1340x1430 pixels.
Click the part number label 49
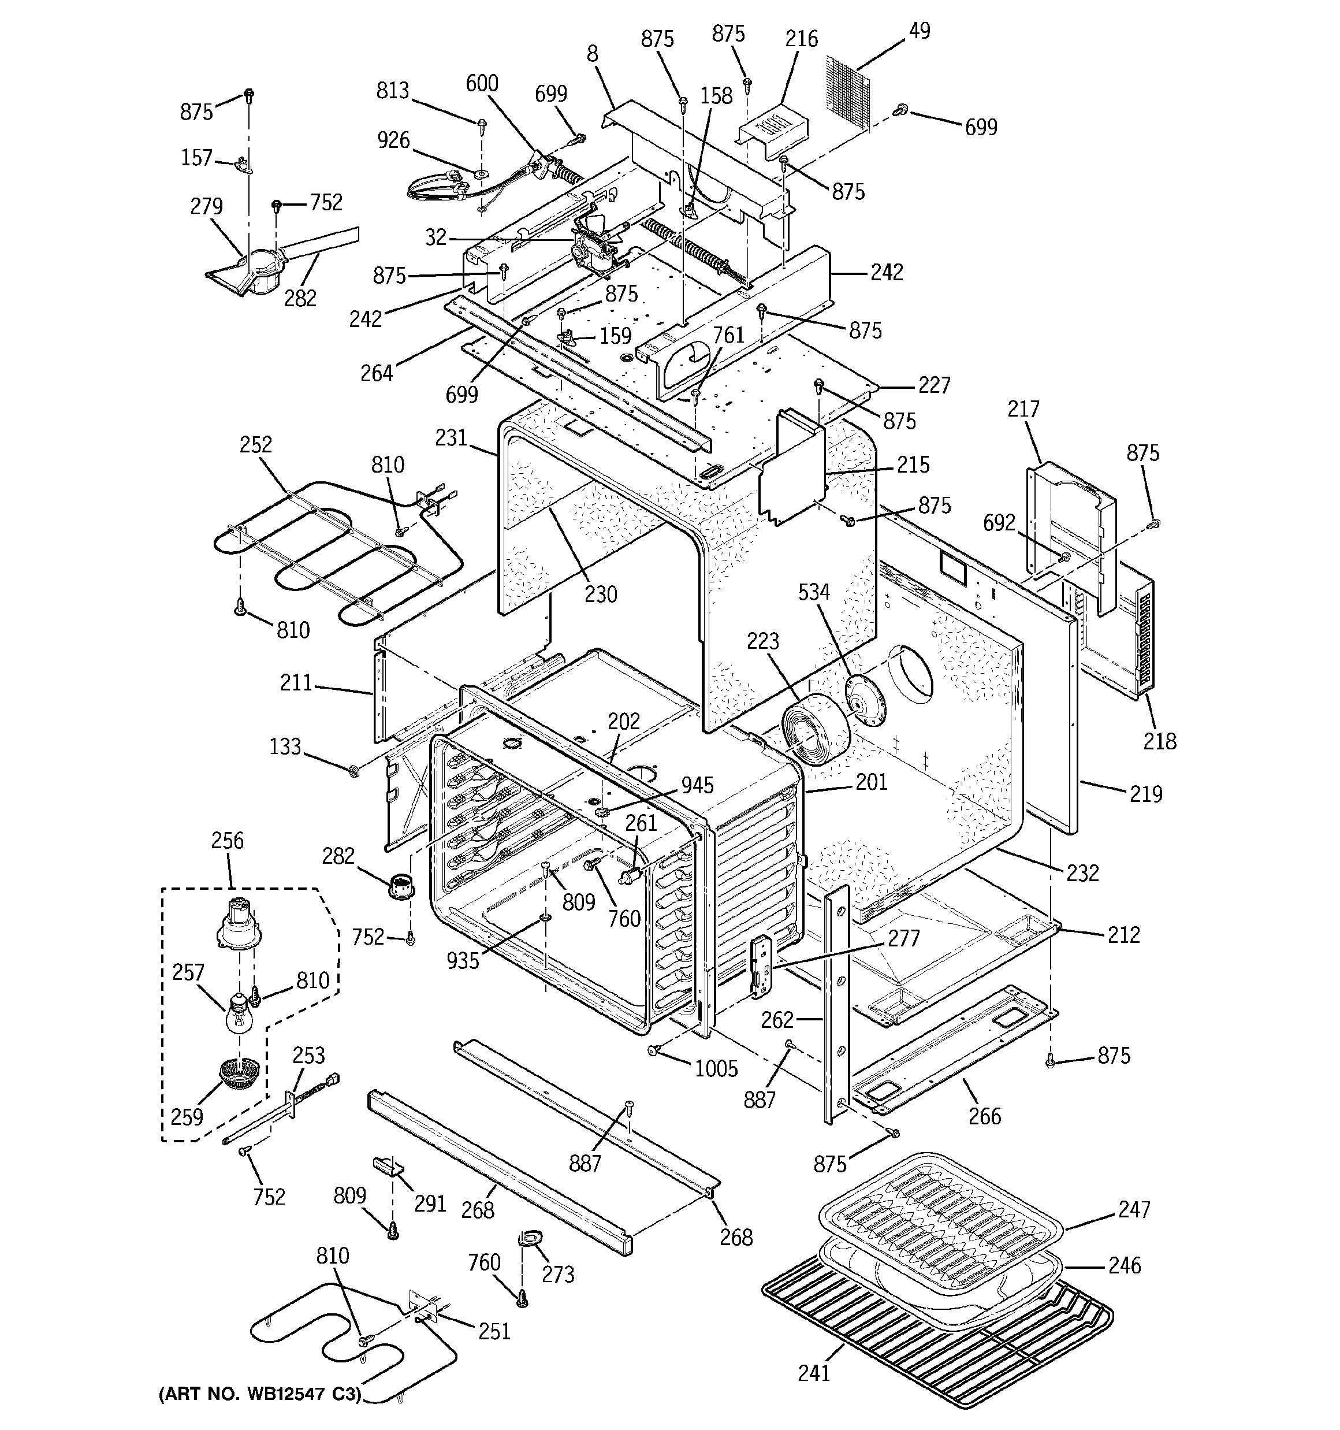pos(919,31)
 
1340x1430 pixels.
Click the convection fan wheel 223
pos(816,731)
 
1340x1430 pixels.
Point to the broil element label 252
pos(255,444)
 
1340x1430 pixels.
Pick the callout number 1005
pos(716,1068)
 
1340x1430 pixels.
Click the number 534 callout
pos(813,592)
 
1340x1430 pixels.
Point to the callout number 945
pos(698,785)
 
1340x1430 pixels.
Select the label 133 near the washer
pos(285,746)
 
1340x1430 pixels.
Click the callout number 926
pos(393,140)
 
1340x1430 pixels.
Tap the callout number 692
pos(999,523)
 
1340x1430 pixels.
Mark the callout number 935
pos(463,960)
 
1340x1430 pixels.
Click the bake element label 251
pos(494,1331)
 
